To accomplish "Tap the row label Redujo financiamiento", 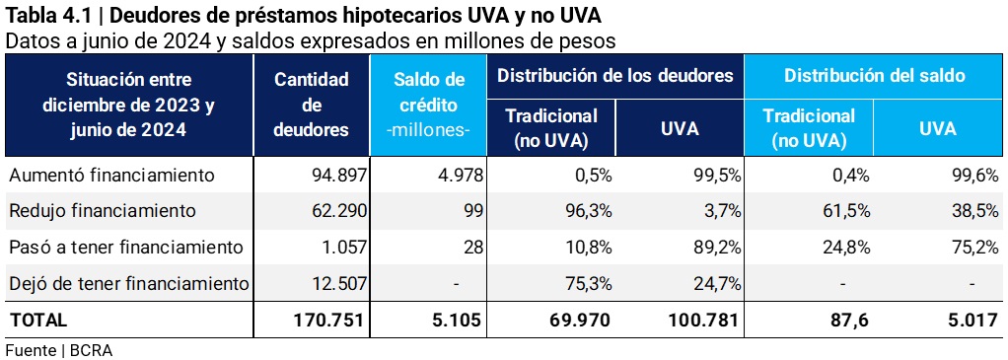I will (x=103, y=210).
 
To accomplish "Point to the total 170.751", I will (x=329, y=320).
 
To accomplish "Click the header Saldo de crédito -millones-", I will (x=429, y=104).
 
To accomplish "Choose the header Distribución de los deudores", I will (x=614, y=75).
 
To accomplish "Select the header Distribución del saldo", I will (x=874, y=75).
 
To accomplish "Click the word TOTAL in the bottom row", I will (x=38, y=320).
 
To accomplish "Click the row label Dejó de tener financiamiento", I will (x=128, y=284).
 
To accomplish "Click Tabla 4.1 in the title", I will (x=46, y=15).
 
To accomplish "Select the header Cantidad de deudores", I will (x=311, y=104).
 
